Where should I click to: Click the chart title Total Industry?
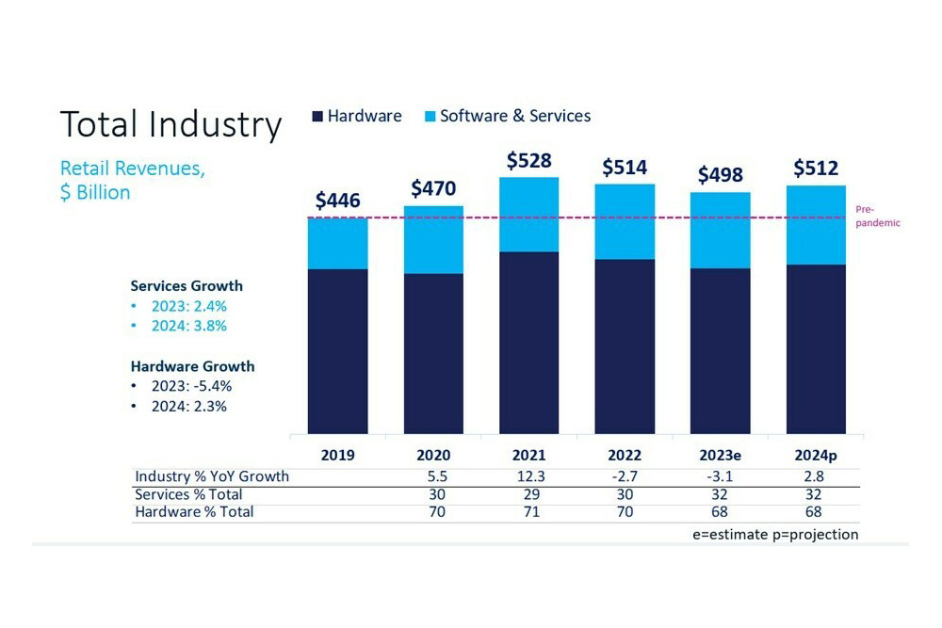click(171, 124)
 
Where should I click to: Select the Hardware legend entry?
click(357, 116)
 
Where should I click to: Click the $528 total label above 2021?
click(529, 161)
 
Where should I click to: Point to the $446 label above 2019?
click(338, 201)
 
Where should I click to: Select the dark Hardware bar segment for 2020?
click(433, 353)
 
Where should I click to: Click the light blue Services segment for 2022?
click(625, 221)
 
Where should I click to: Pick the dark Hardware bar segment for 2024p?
click(816, 348)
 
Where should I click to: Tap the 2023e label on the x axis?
click(721, 456)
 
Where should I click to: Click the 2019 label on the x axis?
click(338, 456)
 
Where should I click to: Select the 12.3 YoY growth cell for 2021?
click(529, 476)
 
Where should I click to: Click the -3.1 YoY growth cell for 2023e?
click(721, 476)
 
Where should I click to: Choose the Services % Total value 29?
click(529, 494)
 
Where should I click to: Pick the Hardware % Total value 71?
click(529, 512)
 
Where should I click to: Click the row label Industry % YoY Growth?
click(212, 476)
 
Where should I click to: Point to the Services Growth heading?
click(187, 285)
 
